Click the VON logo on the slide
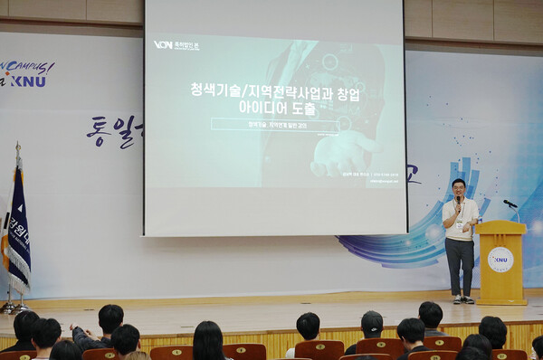[163, 43]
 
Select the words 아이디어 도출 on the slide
[275, 109]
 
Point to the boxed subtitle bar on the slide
[274, 125]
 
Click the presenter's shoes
[462, 299]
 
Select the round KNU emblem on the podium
[500, 260]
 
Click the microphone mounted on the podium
[510, 204]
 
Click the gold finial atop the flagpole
[17, 145]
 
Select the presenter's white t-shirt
[461, 220]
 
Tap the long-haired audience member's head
[208, 338]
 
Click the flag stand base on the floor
[14, 308]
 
